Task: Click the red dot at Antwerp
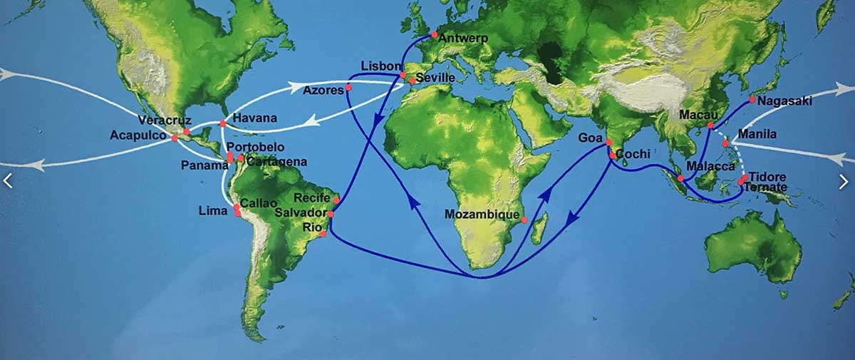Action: tap(434, 34)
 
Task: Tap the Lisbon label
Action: tap(381, 66)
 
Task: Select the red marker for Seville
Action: tap(413, 81)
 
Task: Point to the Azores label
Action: tap(323, 90)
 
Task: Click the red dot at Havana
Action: tap(223, 124)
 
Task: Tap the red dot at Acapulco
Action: tap(175, 138)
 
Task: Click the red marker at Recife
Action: tap(336, 200)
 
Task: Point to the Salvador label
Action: tap(304, 213)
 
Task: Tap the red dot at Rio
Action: tap(323, 234)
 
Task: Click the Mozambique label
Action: tap(482, 213)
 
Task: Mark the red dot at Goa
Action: tap(608, 143)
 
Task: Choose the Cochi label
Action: tap(633, 154)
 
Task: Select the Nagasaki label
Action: tap(784, 102)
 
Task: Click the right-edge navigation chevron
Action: tap(844, 182)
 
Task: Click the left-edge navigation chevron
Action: tap(8, 181)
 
